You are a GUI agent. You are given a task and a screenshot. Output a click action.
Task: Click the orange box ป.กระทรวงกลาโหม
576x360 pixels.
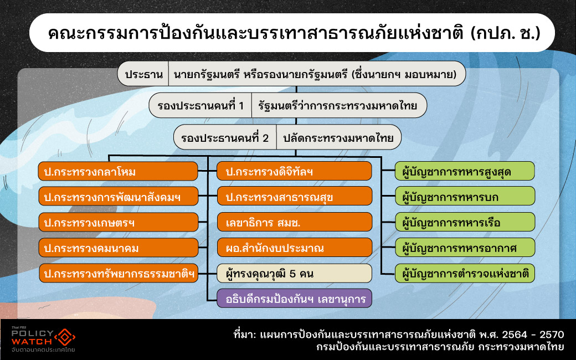(118, 172)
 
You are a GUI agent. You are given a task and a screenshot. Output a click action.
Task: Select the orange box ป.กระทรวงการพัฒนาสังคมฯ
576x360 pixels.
(118, 197)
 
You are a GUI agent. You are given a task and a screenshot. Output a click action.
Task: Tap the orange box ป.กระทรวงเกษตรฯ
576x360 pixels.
(118, 222)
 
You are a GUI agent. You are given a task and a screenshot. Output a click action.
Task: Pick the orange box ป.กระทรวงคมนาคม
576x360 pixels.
(118, 248)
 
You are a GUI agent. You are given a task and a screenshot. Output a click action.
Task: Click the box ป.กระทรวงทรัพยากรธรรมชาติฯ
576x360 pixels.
(118, 273)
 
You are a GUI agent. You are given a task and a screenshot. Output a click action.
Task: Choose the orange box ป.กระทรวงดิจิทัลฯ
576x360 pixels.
(294, 172)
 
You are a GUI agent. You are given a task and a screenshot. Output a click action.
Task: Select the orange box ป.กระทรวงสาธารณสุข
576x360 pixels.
(294, 197)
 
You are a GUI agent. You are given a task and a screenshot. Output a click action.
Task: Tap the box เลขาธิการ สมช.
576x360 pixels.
(294, 222)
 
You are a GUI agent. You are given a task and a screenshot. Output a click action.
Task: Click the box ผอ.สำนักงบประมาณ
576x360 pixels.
(294, 248)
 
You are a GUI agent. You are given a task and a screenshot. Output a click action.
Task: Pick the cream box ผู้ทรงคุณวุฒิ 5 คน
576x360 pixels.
(294, 273)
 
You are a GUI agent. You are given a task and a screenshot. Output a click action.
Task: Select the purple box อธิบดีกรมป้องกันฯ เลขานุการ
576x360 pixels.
(294, 299)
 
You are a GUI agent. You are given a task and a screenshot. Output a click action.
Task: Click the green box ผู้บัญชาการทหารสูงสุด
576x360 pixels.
(464, 172)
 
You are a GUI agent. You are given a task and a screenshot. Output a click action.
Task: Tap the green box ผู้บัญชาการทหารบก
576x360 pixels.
(464, 197)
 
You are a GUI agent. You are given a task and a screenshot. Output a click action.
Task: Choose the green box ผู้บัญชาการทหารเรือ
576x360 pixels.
(464, 222)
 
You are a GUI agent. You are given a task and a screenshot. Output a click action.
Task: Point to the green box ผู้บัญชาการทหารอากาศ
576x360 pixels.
(464, 248)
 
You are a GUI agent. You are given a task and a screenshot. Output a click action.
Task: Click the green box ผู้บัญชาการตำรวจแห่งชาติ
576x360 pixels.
(464, 273)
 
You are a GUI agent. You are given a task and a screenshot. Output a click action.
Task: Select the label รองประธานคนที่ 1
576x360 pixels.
(200, 105)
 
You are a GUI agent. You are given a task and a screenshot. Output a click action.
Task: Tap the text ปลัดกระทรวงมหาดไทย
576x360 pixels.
(338, 137)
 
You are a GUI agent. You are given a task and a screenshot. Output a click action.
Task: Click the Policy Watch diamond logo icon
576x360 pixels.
(66, 337)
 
